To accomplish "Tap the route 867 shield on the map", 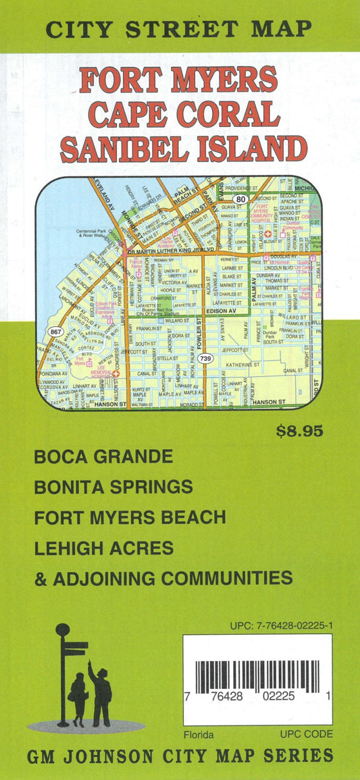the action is [x=55, y=332].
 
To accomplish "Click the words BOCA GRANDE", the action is [x=103, y=457].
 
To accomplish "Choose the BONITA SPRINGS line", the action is [x=113, y=486].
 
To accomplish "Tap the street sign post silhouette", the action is [x=64, y=675].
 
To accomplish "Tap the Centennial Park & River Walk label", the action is [x=94, y=233].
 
